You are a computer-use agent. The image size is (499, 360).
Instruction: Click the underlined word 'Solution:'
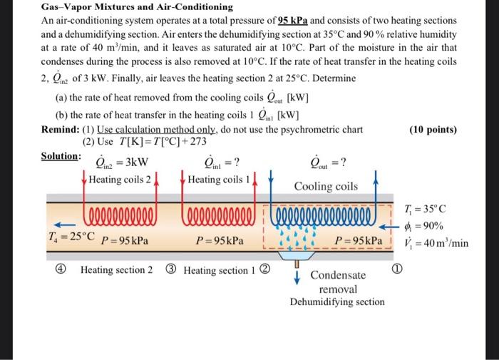[x=60, y=155]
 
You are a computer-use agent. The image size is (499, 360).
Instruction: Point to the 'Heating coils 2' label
[x=120, y=180]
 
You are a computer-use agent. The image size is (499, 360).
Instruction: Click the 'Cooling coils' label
[x=326, y=187]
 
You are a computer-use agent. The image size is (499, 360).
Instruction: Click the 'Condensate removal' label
[x=338, y=282]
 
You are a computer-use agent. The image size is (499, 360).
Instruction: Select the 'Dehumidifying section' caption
[x=336, y=302]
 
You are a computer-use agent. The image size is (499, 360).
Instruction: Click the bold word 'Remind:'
[x=60, y=130]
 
